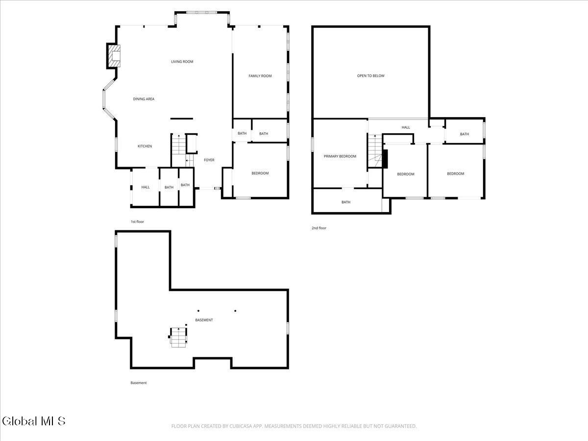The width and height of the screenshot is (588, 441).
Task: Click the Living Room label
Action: (182, 62)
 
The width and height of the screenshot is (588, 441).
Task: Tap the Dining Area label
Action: (144, 99)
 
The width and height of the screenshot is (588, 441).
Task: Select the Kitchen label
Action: (145, 146)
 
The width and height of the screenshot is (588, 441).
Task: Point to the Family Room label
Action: (260, 76)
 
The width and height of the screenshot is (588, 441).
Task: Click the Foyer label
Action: (209, 160)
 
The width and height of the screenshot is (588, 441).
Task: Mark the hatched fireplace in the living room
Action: (114, 56)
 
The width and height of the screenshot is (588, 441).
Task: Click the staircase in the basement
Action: (179, 337)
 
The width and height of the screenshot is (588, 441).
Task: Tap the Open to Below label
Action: (370, 76)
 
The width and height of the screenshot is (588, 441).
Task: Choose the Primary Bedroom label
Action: (340, 156)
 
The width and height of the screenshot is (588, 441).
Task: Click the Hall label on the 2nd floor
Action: (406, 127)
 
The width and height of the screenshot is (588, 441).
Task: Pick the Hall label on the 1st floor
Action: (146, 187)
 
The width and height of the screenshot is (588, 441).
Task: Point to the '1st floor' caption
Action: (137, 222)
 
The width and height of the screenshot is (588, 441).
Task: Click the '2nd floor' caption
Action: (319, 228)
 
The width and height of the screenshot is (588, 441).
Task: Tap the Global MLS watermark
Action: (33, 421)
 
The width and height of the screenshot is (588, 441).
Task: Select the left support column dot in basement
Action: (198, 311)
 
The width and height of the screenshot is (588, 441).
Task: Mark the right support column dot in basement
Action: (235, 311)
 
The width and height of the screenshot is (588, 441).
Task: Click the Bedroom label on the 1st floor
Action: (260, 173)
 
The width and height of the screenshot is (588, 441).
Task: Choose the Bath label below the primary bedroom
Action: (346, 202)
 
